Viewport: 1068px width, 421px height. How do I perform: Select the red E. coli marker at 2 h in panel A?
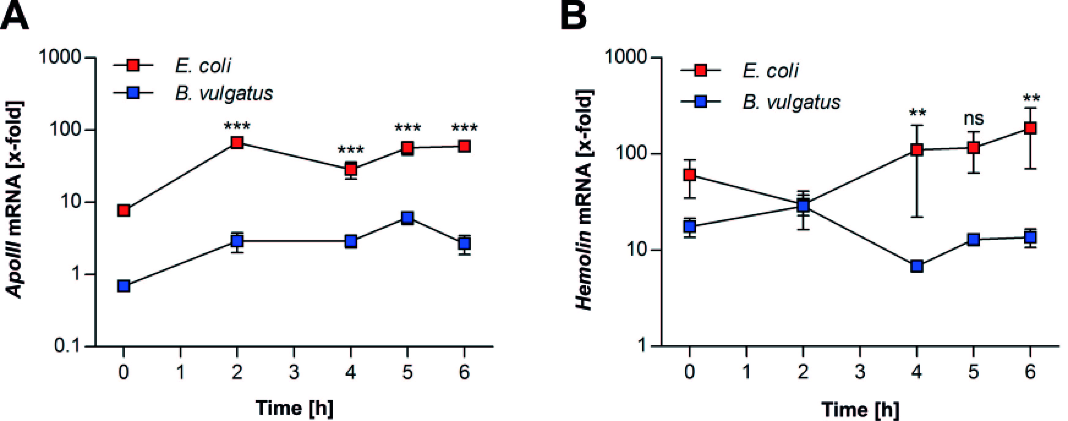click(x=237, y=143)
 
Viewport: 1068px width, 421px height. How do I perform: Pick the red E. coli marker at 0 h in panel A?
click(x=123, y=211)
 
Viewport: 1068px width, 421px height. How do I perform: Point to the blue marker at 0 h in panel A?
click(x=123, y=286)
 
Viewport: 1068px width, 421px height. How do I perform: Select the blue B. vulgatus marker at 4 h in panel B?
click(x=917, y=266)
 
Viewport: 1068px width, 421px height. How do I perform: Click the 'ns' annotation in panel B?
click(x=973, y=119)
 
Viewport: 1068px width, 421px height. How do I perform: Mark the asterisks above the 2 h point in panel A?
click(x=237, y=126)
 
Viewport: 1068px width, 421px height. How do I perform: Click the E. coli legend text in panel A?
click(x=203, y=65)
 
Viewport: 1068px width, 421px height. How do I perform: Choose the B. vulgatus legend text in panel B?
click(x=791, y=102)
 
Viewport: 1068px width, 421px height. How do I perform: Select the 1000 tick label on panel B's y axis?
click(x=626, y=57)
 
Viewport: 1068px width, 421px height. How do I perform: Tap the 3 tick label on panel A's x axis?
click(x=294, y=372)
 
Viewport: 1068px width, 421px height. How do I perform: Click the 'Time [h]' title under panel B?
click(x=861, y=409)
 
